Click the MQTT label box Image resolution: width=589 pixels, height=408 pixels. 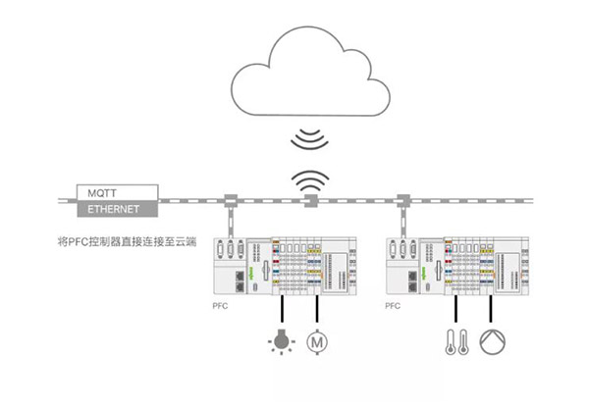click(x=117, y=192)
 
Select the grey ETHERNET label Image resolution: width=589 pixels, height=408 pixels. click(x=117, y=209)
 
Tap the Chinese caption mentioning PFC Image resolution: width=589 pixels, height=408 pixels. click(x=127, y=241)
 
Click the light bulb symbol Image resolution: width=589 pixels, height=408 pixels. click(x=282, y=341)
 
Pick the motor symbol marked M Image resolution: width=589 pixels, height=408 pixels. click(x=317, y=342)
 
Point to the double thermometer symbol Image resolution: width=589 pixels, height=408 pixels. click(x=456, y=342)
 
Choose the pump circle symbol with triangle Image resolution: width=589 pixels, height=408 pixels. click(x=493, y=342)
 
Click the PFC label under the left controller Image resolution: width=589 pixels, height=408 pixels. click(x=220, y=306)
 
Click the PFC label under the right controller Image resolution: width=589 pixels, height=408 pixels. click(x=393, y=306)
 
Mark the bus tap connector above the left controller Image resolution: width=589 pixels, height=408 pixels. click(x=231, y=201)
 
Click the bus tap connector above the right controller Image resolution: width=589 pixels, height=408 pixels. click(x=403, y=201)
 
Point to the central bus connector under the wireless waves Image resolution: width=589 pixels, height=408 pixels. click(x=311, y=201)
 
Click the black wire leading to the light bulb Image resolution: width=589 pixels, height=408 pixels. click(x=282, y=309)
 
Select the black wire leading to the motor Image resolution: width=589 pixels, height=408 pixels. click(x=317, y=309)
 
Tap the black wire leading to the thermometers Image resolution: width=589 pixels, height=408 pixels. click(x=455, y=309)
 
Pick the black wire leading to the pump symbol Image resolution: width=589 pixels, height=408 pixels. click(x=490, y=309)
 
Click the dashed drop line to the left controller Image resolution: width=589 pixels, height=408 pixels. click(x=231, y=223)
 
